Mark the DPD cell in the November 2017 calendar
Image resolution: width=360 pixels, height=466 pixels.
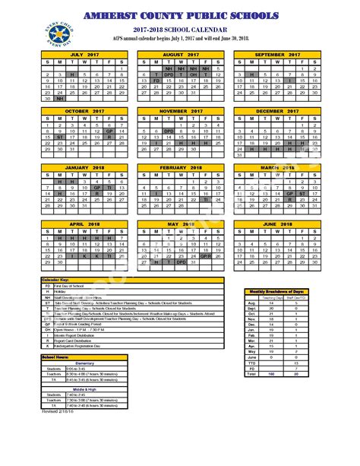[169, 132]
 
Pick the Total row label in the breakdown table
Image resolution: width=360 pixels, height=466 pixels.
[251, 374]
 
